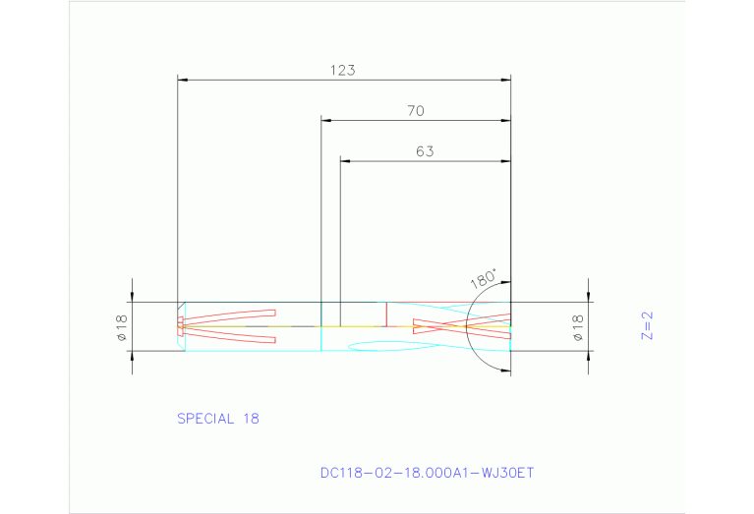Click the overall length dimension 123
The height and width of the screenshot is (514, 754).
pos(342,70)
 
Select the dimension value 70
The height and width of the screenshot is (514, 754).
pos(415,111)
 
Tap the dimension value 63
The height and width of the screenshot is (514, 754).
pos(424,151)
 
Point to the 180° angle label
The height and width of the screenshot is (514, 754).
pos(484,279)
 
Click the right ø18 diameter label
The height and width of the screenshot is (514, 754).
pos(578,326)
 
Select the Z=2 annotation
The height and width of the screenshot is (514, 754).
pos(647,325)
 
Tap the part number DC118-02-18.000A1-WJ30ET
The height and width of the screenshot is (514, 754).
pos(427,473)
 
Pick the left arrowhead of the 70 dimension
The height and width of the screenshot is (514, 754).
pos(326,121)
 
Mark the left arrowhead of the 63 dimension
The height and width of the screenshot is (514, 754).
pos(345,161)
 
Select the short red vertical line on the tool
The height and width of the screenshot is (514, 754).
pos(386,314)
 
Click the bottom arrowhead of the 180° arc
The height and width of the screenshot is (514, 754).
pos(504,370)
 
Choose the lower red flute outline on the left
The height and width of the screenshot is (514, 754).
pos(230,337)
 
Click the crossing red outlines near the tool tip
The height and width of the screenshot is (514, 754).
pos(462,325)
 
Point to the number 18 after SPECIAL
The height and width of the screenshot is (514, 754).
pos(250,419)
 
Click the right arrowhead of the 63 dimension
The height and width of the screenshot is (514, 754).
pos(506,161)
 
